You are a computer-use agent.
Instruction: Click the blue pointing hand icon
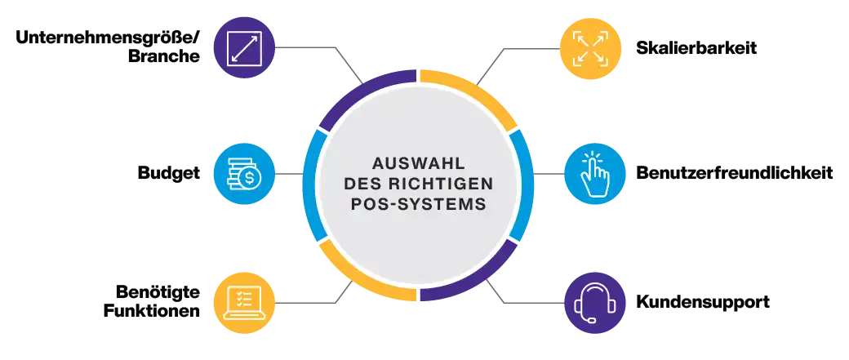pos(594,173)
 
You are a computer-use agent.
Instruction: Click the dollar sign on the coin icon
pos(251,178)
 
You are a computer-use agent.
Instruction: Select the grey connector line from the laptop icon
pos(306,303)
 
